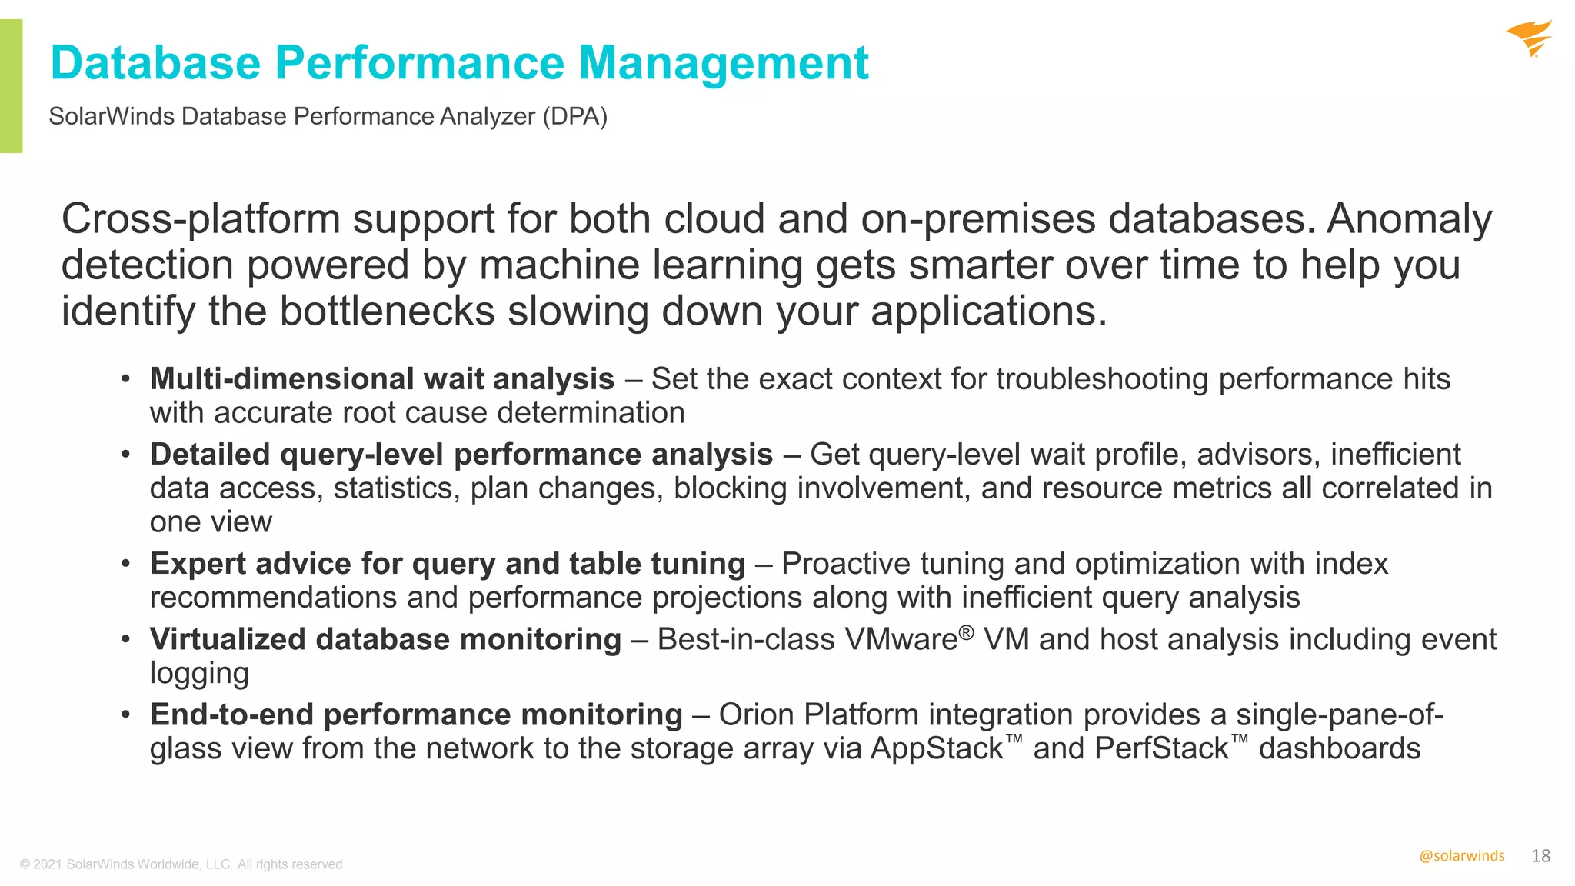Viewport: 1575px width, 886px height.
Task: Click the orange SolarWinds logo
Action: [1530, 38]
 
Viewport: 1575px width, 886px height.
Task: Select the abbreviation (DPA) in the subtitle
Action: [574, 116]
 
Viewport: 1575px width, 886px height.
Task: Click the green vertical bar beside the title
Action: [11, 85]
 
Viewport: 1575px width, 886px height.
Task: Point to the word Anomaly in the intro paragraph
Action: [1409, 219]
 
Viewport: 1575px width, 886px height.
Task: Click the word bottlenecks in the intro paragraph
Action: [387, 311]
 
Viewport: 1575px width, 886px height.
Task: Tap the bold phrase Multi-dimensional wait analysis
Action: [381, 379]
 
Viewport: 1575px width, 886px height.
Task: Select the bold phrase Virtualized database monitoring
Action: [385, 639]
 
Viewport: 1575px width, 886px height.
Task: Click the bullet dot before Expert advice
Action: [125, 564]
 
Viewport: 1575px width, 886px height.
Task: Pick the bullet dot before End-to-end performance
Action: [125, 714]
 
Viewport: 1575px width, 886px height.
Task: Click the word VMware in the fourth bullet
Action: [901, 639]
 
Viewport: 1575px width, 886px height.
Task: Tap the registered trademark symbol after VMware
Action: [967, 632]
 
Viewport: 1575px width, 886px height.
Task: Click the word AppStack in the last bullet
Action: [937, 748]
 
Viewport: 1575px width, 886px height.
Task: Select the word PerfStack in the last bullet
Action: [1161, 748]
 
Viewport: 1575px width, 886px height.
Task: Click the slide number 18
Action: [1540, 856]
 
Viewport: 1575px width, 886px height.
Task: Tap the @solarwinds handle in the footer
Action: [1461, 856]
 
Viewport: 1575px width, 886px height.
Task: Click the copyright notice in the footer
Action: [183, 864]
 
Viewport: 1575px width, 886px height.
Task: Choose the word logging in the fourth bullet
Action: [199, 674]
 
